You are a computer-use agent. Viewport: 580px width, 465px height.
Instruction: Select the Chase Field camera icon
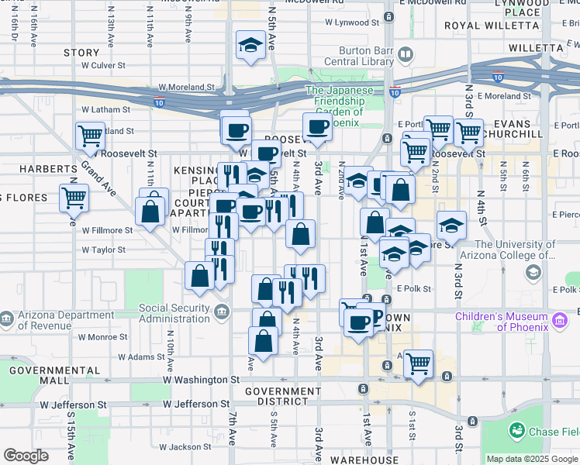point(516,430)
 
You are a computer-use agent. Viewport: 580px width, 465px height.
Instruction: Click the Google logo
point(26,456)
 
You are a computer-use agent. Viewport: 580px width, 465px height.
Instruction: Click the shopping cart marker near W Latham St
point(91,136)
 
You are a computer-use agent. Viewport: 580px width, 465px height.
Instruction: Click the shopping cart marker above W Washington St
point(419,362)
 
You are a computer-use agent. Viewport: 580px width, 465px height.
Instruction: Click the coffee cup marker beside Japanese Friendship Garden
point(316,126)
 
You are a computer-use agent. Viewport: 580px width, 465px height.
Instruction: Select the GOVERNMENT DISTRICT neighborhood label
point(282,397)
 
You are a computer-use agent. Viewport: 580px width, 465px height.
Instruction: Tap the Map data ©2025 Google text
point(532,459)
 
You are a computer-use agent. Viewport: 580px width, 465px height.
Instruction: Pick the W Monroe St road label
point(102,337)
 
